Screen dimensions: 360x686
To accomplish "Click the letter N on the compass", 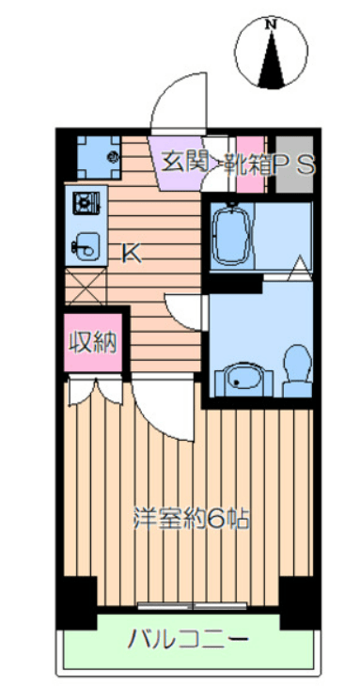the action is coord(273,25).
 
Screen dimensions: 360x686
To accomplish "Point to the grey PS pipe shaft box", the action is coord(294,164).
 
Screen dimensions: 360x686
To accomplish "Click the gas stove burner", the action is coord(87,203).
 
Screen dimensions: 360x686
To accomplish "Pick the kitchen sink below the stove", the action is coord(86,246).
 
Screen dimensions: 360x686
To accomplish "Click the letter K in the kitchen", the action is coord(132,253).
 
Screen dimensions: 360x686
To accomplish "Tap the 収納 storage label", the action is coord(94,342).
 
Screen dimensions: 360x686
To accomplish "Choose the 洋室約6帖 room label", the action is coord(191,520).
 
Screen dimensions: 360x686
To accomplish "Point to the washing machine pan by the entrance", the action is coord(99,157).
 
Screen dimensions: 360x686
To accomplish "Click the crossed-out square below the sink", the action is coord(86,286).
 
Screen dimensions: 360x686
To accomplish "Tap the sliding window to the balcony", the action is coord(193,606).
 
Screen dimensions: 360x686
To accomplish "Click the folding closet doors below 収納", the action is coord(96,390).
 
